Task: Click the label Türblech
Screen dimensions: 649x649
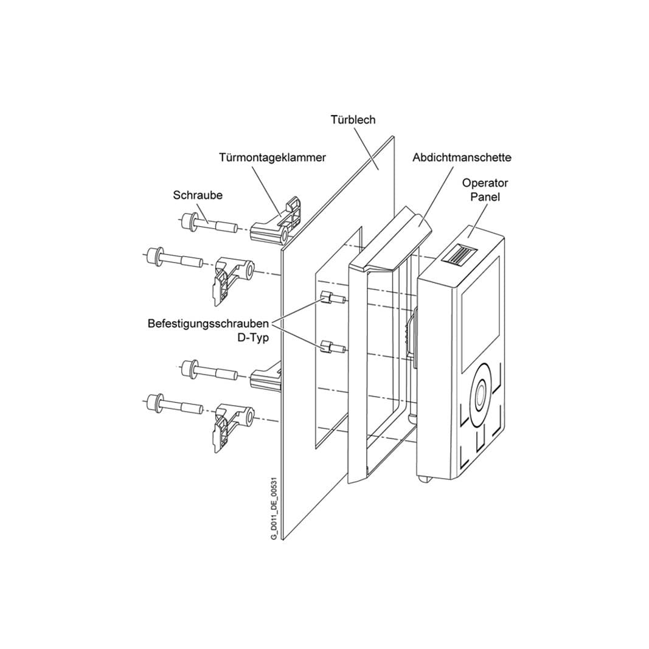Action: (x=353, y=120)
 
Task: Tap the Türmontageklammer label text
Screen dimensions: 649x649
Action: (x=272, y=158)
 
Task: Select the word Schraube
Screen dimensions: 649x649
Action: (x=198, y=195)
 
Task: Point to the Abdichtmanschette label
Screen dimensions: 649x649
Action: (x=462, y=158)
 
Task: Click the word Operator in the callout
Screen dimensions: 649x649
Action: (x=485, y=182)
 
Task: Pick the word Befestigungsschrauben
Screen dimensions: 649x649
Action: (x=208, y=323)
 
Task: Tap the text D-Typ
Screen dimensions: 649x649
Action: (x=252, y=338)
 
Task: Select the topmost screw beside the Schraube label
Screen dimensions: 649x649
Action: (x=209, y=223)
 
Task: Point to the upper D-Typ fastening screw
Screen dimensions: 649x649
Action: (x=333, y=297)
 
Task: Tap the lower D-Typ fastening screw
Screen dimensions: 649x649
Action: (x=333, y=346)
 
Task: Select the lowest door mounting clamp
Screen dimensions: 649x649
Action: (x=234, y=427)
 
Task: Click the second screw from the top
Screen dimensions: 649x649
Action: (x=175, y=258)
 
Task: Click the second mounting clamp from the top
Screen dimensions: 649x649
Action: (x=234, y=281)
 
